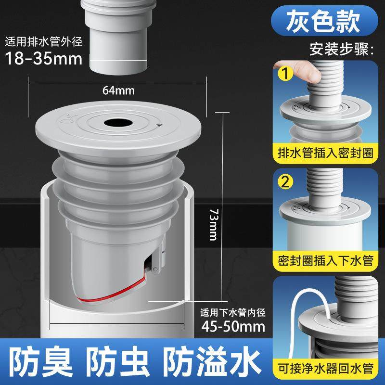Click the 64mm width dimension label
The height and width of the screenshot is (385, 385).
[x=118, y=90]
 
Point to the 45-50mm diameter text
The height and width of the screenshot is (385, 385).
[x=234, y=327]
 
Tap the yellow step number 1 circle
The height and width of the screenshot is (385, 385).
[x=287, y=75]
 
